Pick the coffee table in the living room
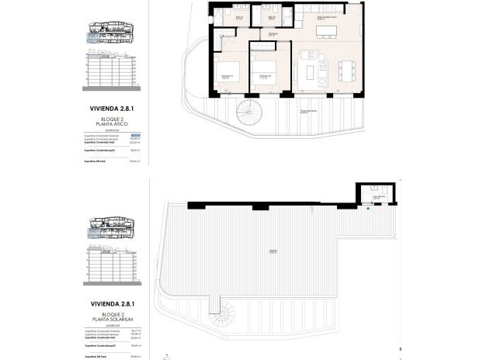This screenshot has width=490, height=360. pyautogui.click(x=317, y=74)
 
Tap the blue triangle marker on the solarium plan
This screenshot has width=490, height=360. pyautogui.click(x=367, y=207)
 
